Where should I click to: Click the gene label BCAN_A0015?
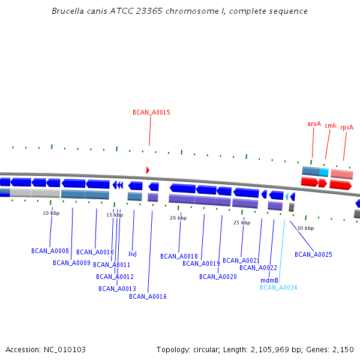click(151, 112)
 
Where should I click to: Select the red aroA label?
click(314, 124)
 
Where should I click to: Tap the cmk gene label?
click(331, 125)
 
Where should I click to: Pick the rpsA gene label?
click(347, 127)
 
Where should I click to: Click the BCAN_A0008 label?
click(50, 251)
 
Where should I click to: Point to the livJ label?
click(133, 254)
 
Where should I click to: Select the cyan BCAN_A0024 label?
click(278, 287)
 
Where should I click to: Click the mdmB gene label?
click(269, 280)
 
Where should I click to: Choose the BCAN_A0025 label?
click(313, 254)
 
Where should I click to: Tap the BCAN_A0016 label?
click(148, 296)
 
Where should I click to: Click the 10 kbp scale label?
click(51, 213)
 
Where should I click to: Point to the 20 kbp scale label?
click(178, 218)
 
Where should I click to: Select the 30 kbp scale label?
click(305, 228)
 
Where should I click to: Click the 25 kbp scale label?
click(242, 223)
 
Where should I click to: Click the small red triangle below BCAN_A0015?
click(148, 170)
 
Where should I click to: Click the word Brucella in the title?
click(67, 11)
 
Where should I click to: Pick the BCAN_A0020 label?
click(218, 277)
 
